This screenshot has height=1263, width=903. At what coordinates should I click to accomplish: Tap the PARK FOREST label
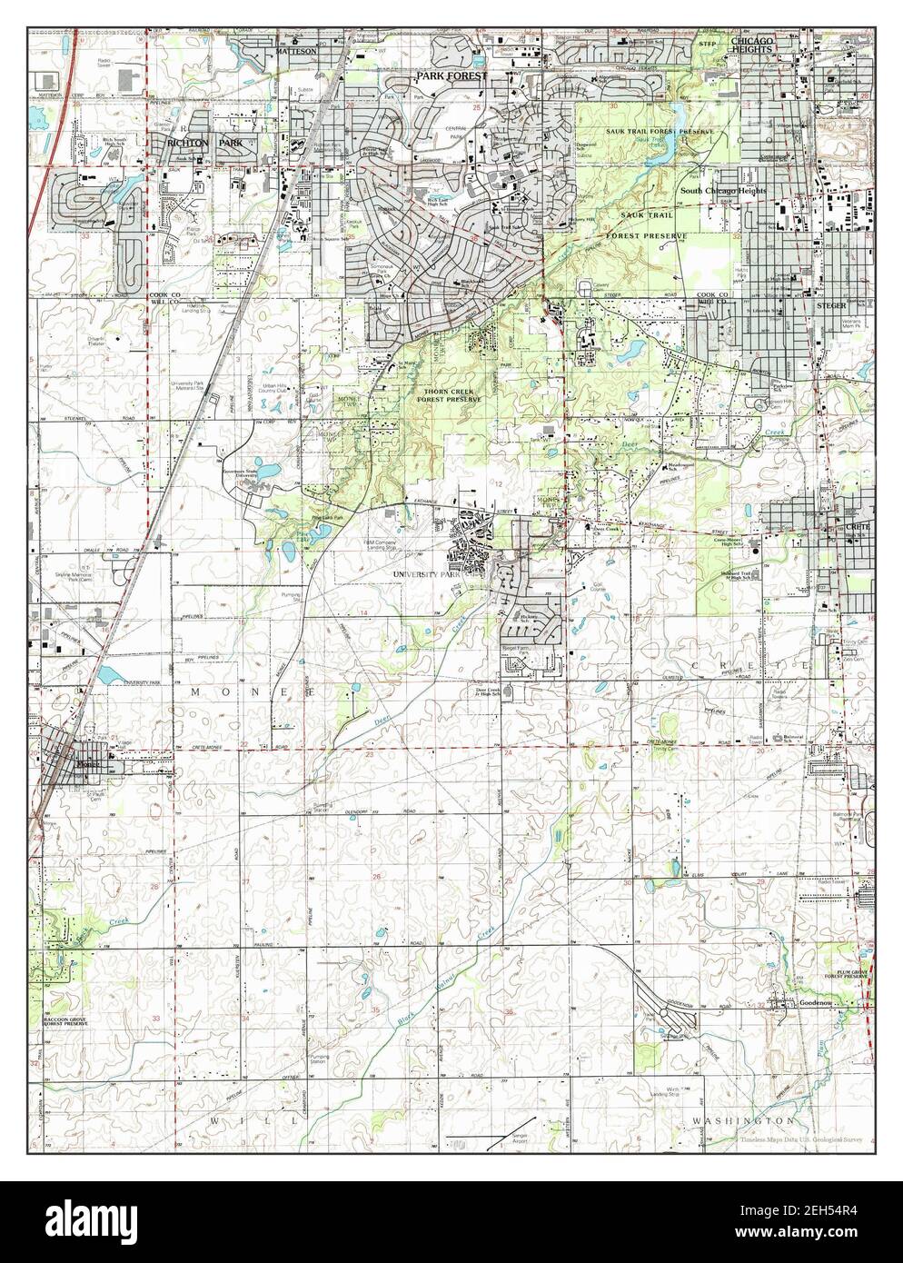click(452, 78)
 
